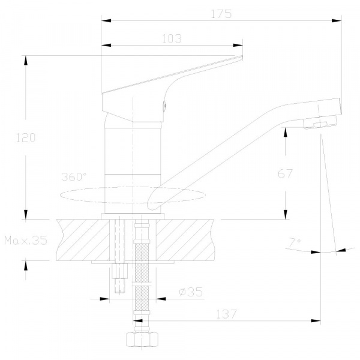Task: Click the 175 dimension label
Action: (221, 14)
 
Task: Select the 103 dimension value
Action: (172, 39)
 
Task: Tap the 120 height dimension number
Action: (26, 138)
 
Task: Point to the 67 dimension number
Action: (285, 173)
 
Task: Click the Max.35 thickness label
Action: (26, 241)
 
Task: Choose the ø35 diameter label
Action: (191, 292)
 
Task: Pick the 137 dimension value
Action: (226, 314)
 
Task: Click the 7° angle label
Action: (295, 242)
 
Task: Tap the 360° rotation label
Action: (74, 177)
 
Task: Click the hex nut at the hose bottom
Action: (142, 339)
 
